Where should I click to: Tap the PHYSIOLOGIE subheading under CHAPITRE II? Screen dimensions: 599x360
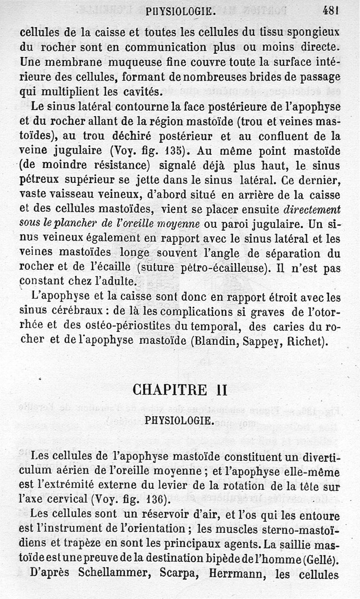(x=179, y=420)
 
